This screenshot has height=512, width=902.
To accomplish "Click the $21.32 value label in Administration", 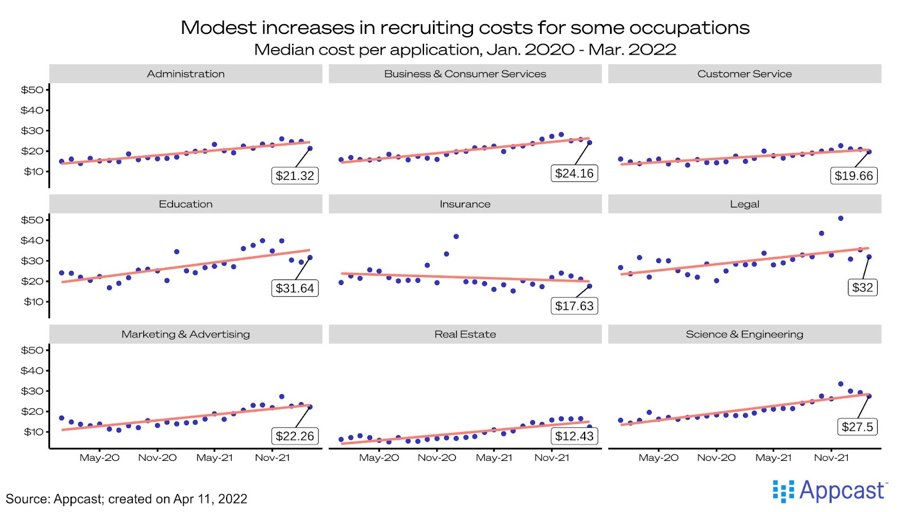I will point(295,176).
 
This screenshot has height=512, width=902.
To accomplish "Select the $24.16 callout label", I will point(574,173).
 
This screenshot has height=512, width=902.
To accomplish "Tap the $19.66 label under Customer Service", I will point(854,176).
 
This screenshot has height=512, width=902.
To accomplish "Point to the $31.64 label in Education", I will point(295,288).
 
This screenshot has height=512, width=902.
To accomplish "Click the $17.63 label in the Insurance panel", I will point(574,306).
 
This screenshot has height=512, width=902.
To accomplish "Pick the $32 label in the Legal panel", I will point(863,288).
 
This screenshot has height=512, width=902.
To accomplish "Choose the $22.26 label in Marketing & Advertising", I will point(295,436).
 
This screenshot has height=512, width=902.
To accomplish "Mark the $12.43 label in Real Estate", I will point(574,436).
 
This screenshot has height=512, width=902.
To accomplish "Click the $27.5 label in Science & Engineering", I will point(857,427).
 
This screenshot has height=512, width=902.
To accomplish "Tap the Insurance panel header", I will point(465,204).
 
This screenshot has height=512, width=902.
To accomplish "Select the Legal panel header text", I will point(744,204).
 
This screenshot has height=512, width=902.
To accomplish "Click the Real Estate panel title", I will point(465,334).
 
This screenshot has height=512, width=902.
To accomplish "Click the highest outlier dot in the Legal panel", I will point(841,219).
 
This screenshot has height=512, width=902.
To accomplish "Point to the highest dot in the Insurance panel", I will point(456,237).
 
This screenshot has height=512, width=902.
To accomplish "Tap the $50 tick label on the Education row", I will point(32,220).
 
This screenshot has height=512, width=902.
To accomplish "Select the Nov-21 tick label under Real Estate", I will point(551,457).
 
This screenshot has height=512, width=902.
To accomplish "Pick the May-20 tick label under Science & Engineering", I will point(658,457).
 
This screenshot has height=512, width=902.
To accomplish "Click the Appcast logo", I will point(830,491).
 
